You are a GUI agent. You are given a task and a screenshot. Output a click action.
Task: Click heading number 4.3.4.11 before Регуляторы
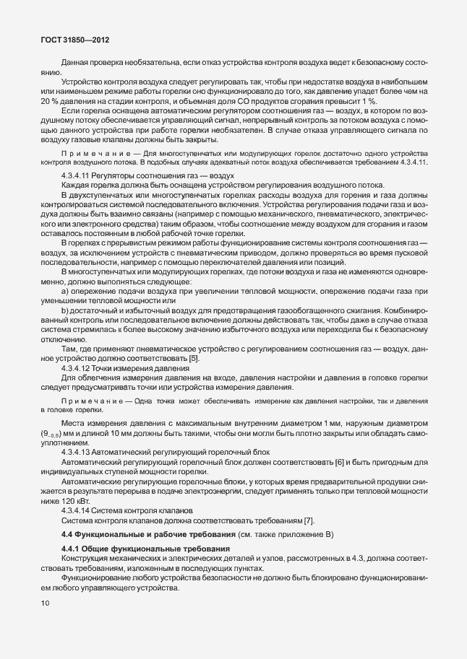80,176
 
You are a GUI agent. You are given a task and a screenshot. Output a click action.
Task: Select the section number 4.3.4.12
80,368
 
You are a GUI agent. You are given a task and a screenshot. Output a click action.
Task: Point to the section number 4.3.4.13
80,452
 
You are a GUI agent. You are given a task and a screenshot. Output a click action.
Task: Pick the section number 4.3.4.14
80,510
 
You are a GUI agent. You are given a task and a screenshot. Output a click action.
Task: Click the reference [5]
194,359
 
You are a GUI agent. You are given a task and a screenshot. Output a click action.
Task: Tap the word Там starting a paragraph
70,349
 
